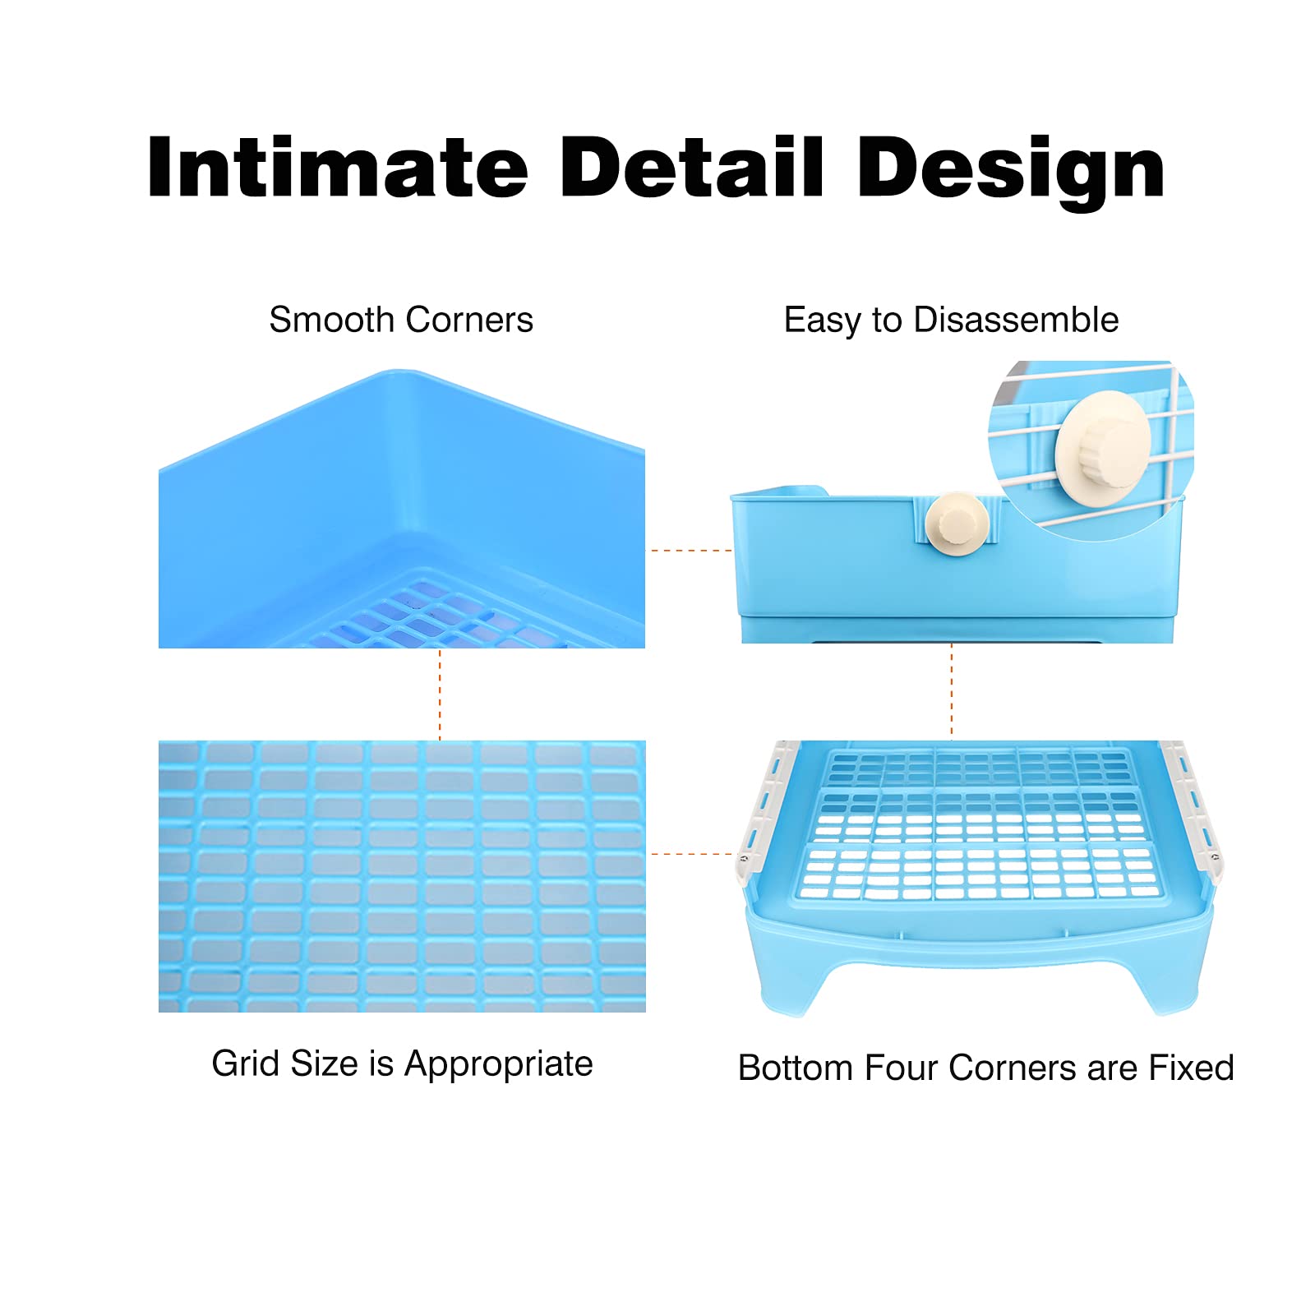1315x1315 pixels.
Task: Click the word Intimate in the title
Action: click(x=337, y=168)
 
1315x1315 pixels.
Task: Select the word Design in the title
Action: click(x=1010, y=171)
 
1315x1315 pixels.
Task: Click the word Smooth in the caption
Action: click(x=331, y=320)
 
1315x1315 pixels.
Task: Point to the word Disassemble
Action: click(x=1016, y=320)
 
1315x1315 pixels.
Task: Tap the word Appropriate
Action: click(x=498, y=1065)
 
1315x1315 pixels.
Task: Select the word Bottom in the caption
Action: click(x=796, y=1068)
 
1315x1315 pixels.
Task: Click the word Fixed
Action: click(x=1191, y=1068)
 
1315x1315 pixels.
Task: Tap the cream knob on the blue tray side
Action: click(x=957, y=524)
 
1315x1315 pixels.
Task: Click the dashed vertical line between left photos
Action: click(x=440, y=694)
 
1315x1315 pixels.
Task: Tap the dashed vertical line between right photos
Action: click(x=951, y=691)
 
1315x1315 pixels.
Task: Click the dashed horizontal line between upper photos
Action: click(x=690, y=551)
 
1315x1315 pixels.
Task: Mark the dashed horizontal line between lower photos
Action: click(x=690, y=854)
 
